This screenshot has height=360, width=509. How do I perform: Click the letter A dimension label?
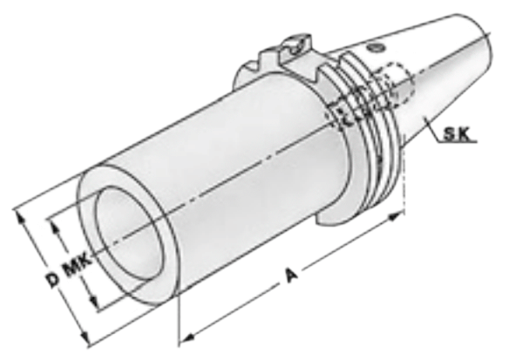(x=291, y=275)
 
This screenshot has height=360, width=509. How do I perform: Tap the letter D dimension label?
(x=52, y=281)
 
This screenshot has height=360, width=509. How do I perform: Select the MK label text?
(x=78, y=265)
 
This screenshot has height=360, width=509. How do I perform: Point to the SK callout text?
(x=457, y=134)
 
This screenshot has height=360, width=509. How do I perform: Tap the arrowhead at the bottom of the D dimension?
(x=85, y=338)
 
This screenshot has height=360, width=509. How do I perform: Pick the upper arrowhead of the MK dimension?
(x=54, y=226)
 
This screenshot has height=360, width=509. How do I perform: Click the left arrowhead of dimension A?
(x=187, y=338)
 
